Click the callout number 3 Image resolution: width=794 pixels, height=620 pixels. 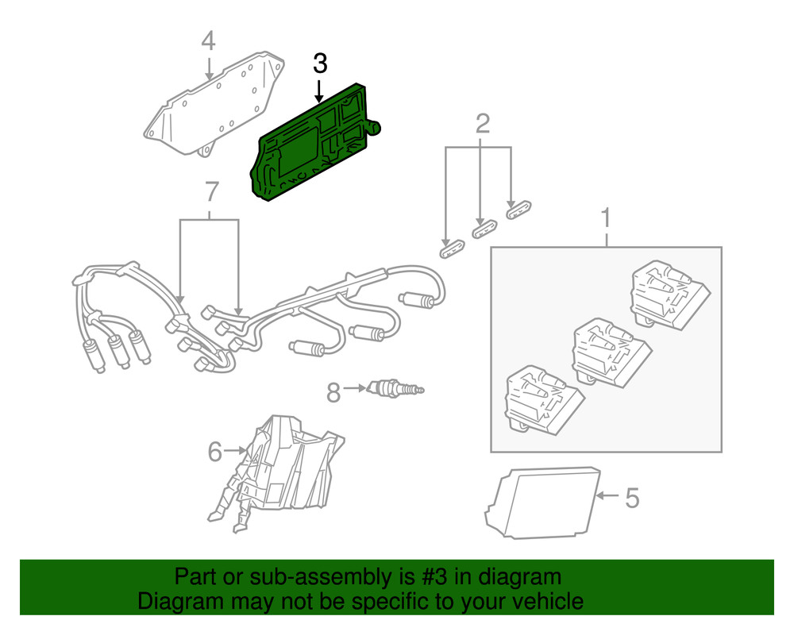point(320,64)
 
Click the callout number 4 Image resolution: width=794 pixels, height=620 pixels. point(208,40)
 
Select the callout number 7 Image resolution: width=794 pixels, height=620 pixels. point(210,191)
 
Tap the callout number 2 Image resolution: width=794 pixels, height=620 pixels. point(482,123)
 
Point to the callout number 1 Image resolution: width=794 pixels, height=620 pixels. point(607,217)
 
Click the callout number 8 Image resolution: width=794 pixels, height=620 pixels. point(333,391)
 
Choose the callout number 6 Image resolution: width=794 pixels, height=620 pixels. point(214,452)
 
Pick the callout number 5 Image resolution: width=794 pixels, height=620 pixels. point(631,498)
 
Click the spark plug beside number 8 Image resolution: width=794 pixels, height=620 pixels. point(393,389)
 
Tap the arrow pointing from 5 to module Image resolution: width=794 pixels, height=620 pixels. point(607,495)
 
